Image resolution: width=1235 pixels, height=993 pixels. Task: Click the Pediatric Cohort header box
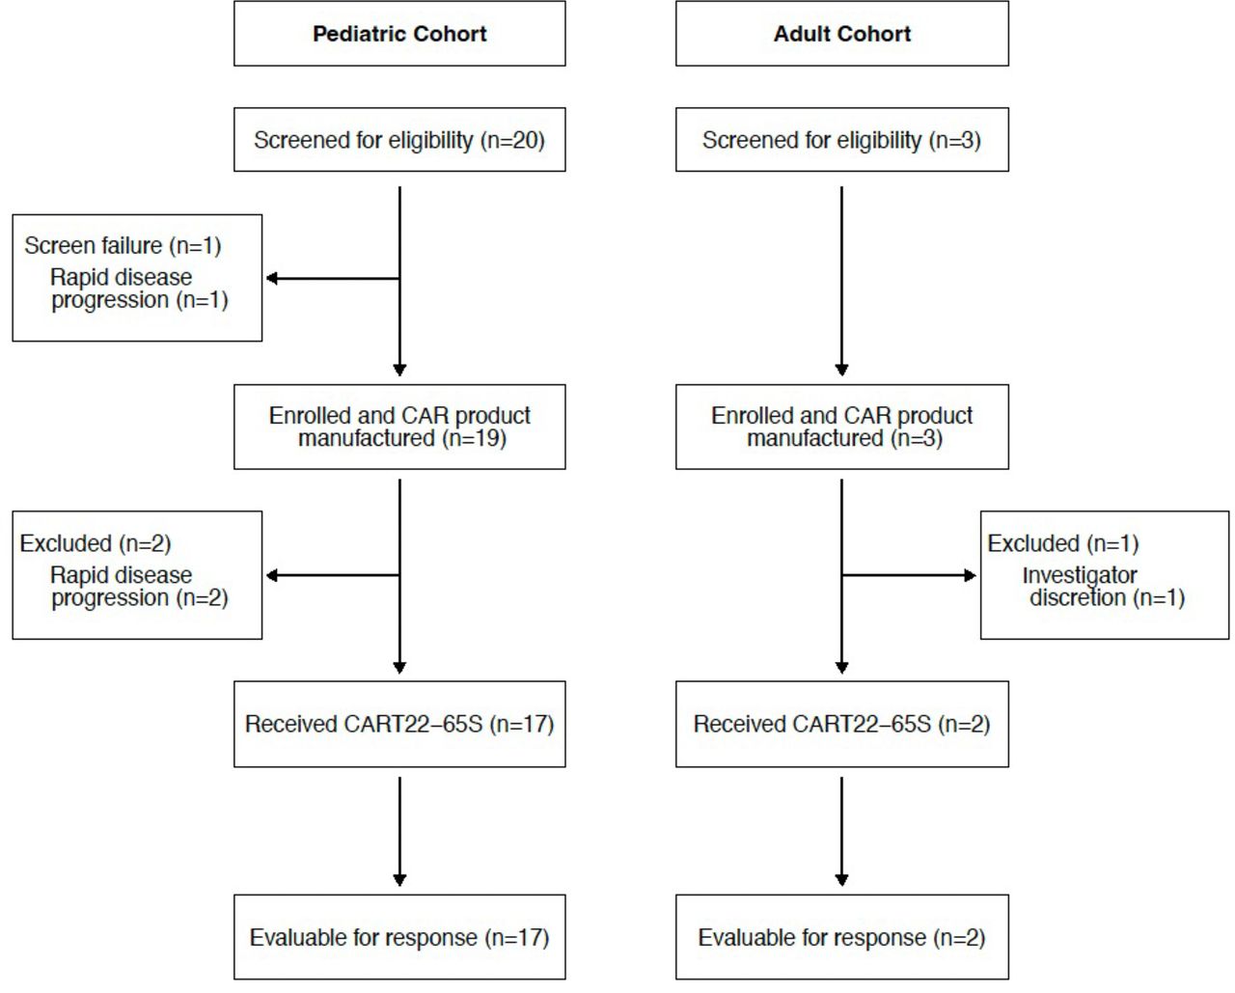pos(399,34)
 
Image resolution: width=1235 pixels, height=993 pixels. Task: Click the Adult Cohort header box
pos(841,34)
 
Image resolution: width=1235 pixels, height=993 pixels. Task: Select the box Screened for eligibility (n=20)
pos(399,140)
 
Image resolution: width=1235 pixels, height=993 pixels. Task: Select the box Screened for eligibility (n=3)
pos(841,140)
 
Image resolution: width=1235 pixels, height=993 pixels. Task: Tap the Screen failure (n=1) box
pos(137,278)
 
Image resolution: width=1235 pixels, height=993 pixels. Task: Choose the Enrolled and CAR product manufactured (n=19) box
pos(399,427)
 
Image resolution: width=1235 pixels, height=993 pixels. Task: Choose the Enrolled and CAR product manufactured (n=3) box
pos(841,427)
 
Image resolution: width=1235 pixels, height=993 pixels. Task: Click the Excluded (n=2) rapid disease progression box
pos(137,575)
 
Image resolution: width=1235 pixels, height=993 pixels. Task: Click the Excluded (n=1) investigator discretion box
pos(1105,575)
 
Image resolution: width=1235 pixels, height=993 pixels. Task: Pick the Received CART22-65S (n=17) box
pos(399,724)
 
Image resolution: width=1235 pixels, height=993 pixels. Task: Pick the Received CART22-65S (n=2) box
pos(841,724)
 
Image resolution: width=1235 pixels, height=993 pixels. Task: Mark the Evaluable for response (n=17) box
pos(399,937)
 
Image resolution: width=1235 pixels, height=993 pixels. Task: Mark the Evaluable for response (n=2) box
pos(841,937)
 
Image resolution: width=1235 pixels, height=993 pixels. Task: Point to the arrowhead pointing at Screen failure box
pos(272,278)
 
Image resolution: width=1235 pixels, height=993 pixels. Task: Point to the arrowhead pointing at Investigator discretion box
pos(971,575)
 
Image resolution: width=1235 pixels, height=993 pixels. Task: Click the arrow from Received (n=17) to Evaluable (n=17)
pos(399,830)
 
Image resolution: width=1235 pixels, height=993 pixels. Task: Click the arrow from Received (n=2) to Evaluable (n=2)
pos(841,830)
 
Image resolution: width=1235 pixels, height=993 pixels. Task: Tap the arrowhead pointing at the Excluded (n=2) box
pos(272,575)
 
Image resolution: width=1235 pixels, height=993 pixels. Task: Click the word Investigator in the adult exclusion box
pos(1080,575)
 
